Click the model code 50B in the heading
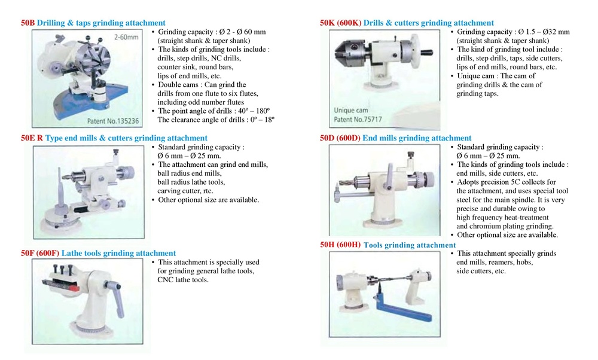click(28, 23)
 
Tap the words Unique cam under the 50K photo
click(352, 111)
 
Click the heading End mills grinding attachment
click(417, 138)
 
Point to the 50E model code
click(28, 138)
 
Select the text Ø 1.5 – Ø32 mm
click(544, 32)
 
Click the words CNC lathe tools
click(183, 280)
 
